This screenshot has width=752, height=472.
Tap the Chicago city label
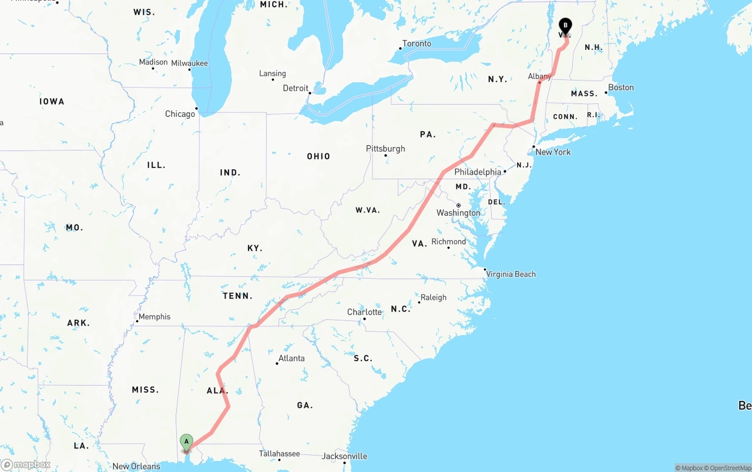click(x=180, y=113)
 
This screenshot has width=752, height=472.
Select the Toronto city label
click(x=417, y=43)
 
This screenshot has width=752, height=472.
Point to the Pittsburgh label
click(x=385, y=149)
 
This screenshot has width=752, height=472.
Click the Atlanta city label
click(x=291, y=358)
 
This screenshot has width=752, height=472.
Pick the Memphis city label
click(x=155, y=317)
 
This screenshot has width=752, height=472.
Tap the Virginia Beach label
click(x=511, y=274)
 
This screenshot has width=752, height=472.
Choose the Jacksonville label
click(x=344, y=456)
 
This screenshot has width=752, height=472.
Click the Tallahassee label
click(x=280, y=454)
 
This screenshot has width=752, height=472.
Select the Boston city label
click(x=621, y=88)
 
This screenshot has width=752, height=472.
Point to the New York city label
click(x=553, y=152)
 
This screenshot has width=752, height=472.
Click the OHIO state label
click(x=318, y=156)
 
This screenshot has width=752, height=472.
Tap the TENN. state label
click(x=237, y=296)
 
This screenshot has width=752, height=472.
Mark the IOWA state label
click(x=52, y=102)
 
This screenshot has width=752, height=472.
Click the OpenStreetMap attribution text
click(x=728, y=468)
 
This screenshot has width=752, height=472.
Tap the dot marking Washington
click(x=458, y=205)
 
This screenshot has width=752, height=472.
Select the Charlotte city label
click(x=364, y=312)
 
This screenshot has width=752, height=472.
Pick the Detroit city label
click(x=296, y=88)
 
